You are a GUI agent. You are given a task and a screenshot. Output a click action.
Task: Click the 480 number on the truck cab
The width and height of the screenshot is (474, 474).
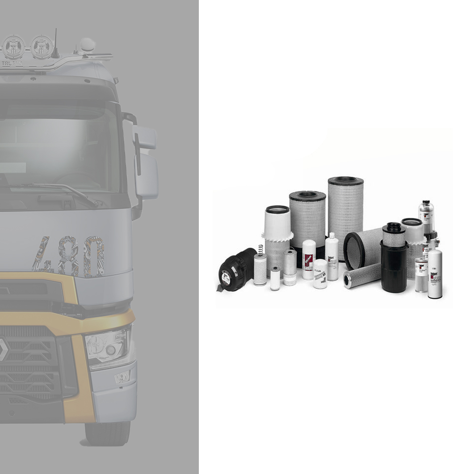tap(69, 256)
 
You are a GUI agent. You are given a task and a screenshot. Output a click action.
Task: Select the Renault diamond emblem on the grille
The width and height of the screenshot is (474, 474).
tap(3, 350)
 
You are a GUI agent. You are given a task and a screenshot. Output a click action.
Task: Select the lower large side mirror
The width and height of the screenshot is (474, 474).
tap(147, 176)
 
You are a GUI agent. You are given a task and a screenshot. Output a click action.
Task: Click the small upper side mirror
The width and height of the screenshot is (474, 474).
tap(144, 137)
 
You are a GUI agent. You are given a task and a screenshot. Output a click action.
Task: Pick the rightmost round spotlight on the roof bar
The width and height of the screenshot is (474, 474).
tap(42, 47)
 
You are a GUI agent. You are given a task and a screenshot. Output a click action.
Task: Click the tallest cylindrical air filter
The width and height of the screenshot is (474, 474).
tap(346, 217)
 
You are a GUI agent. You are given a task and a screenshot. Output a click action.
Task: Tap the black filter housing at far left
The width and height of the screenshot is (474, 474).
tap(235, 270)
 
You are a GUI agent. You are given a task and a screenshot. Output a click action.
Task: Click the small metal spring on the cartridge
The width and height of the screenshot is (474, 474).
tap(260, 249)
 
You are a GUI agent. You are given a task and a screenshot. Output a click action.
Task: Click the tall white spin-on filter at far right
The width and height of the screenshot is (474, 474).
tap(435, 274)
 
